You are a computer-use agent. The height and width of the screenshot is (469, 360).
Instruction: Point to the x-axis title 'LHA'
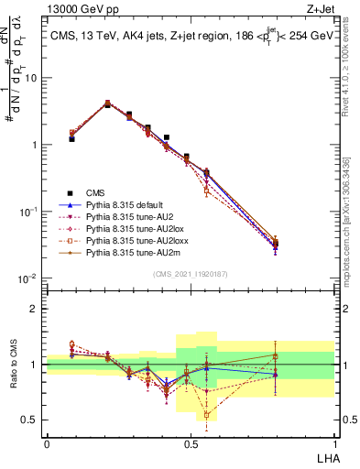coord(324,458)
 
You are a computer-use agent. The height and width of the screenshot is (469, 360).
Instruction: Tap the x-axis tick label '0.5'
coord(190,443)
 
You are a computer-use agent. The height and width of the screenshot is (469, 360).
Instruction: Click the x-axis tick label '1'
coord(333,443)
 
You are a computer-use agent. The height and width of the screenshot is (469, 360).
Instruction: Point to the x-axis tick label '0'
coord(47,443)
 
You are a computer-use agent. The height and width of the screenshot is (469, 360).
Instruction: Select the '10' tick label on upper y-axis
coord(31,78)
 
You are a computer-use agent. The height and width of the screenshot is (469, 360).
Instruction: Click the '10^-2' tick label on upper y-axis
coord(28,278)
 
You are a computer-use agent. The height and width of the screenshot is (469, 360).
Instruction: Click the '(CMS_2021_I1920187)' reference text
coord(190,272)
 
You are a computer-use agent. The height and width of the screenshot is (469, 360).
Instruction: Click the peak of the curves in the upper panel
coord(107,104)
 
